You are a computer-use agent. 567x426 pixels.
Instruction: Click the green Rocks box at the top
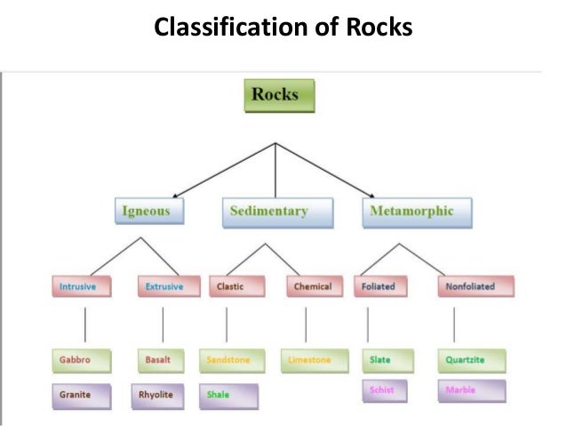click(x=277, y=95)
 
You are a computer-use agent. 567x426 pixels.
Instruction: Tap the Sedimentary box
click(x=269, y=212)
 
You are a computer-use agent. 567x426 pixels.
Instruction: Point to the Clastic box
click(x=233, y=287)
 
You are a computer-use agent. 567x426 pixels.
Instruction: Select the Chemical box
click(x=312, y=287)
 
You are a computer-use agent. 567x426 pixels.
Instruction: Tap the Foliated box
click(x=380, y=287)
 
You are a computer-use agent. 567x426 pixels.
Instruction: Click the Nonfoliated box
click(x=466, y=287)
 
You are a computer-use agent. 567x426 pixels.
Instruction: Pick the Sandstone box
click(x=229, y=360)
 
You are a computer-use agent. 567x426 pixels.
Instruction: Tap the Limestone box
click(x=310, y=360)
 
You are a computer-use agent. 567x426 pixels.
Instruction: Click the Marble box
click(x=470, y=390)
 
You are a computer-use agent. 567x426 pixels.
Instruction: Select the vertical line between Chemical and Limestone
click(x=306, y=324)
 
